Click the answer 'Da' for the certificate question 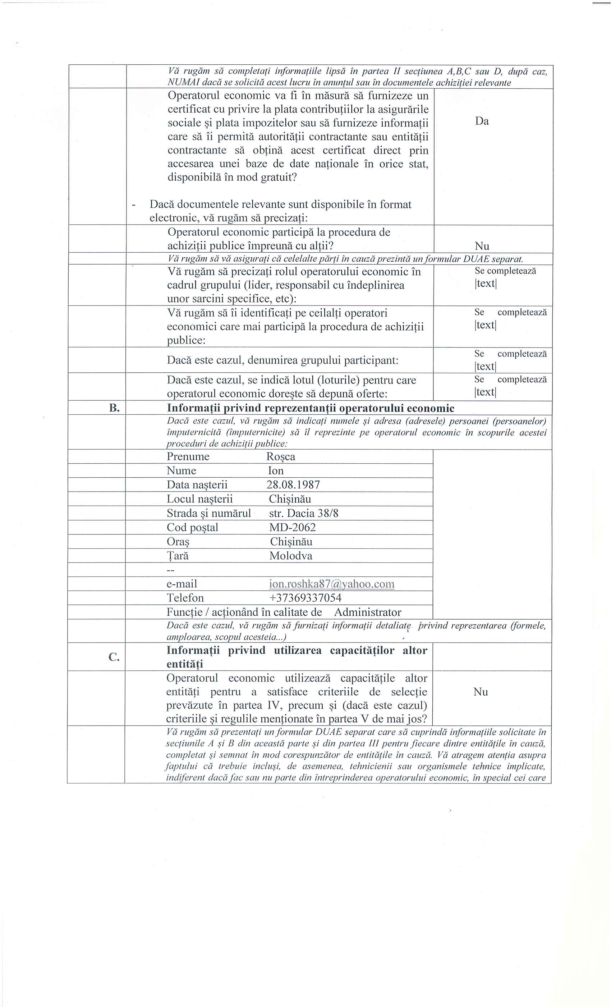482,121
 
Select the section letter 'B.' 114,408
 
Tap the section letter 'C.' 114,657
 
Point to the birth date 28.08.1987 293,485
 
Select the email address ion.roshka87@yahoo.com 331,584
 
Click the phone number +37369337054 305,598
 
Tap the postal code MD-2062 292,527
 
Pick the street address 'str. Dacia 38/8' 303,513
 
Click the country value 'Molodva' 290,556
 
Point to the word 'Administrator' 367,612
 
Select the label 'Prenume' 188,456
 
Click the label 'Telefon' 185,598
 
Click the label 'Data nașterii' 197,485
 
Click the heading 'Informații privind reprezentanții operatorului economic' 310,408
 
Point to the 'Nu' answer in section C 480,692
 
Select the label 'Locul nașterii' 199,499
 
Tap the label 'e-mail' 182,584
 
